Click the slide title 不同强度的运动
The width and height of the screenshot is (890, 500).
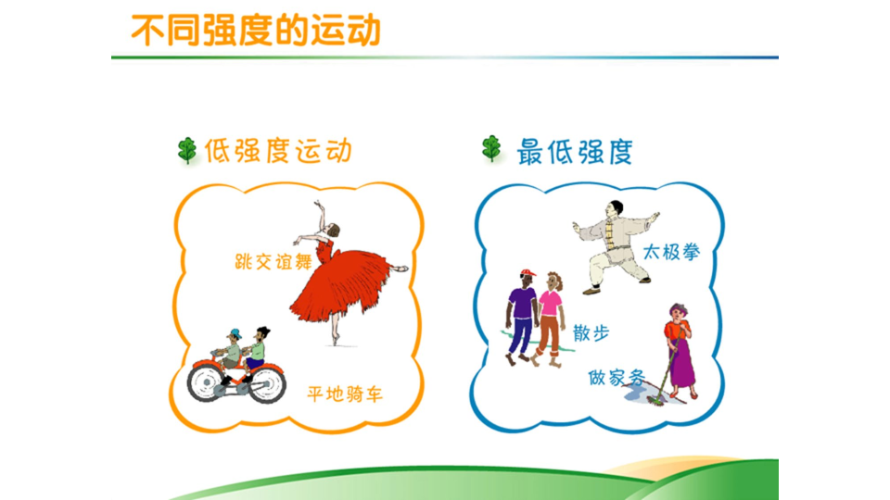pyautogui.click(x=256, y=30)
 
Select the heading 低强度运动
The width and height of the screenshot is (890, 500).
pyautogui.click(x=278, y=151)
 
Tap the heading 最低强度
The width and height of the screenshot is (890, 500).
pyautogui.click(x=575, y=151)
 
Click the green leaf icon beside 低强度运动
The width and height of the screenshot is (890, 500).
pyautogui.click(x=186, y=150)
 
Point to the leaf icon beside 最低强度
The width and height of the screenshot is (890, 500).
pyautogui.click(x=491, y=148)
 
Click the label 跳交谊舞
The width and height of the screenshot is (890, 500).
pyautogui.click(x=273, y=262)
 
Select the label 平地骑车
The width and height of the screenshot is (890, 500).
pyautogui.click(x=345, y=394)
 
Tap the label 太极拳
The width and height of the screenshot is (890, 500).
pyautogui.click(x=671, y=252)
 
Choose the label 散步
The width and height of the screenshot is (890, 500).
pyautogui.click(x=591, y=332)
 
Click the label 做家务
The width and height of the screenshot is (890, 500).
pyautogui.click(x=617, y=377)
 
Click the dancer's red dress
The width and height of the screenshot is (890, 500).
pyautogui.click(x=340, y=283)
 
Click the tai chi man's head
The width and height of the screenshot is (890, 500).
pyautogui.click(x=615, y=209)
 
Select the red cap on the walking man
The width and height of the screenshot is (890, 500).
pyautogui.click(x=528, y=274)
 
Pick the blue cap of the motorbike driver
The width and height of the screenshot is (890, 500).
pyautogui.click(x=235, y=332)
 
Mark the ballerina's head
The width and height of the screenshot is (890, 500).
pyautogui.click(x=333, y=230)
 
